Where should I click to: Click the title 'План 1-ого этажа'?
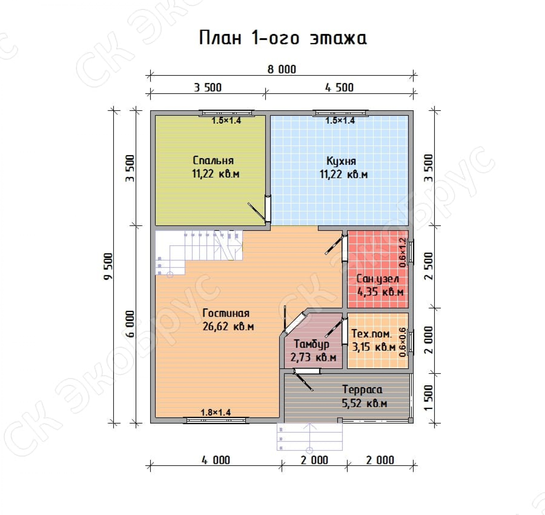point(283,38)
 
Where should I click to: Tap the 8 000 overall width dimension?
point(282,69)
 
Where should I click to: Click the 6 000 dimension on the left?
point(131,324)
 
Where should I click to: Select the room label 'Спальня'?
point(213,160)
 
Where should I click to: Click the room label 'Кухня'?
point(341,161)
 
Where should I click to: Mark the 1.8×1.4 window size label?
point(216,412)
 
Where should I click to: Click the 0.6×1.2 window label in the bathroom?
point(402,252)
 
